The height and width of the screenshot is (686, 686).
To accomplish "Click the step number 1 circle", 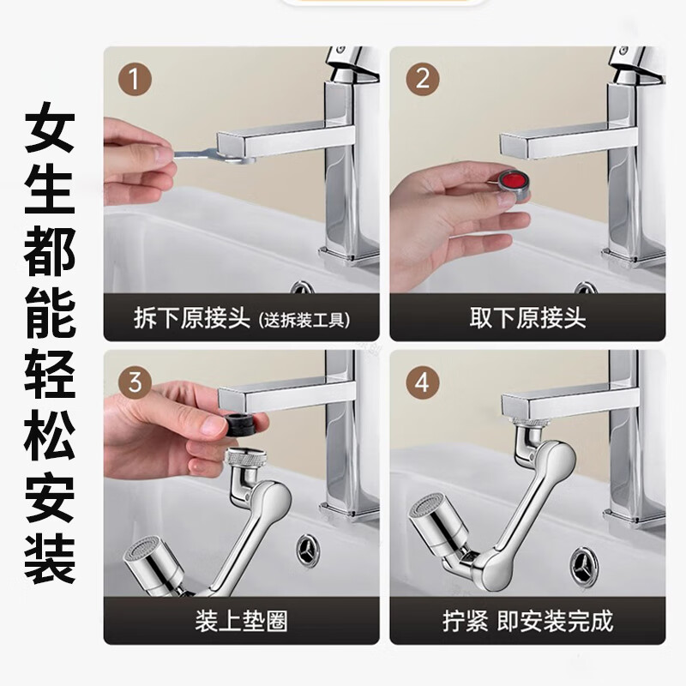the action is (135, 80).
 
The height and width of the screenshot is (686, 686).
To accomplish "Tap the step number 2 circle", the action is (422, 80).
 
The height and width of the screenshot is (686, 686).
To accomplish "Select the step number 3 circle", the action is (135, 382).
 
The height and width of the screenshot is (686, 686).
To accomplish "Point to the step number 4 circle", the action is (422, 382).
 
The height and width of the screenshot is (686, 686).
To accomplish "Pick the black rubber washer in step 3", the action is (241, 424).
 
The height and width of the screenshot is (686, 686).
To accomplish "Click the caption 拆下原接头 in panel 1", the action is (191, 317).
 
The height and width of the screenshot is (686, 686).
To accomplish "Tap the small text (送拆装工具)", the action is (304, 320).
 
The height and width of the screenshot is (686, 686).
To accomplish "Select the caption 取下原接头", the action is (527, 317).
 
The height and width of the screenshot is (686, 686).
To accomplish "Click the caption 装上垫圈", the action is (242, 621).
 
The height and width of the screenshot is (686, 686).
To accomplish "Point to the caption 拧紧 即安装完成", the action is (527, 621).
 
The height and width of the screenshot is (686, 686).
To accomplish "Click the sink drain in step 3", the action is (308, 551).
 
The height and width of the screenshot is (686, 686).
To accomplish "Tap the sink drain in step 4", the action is (585, 566).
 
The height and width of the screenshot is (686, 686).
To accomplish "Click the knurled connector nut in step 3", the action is (244, 459).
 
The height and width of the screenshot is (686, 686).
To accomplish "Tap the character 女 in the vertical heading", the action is (50, 127).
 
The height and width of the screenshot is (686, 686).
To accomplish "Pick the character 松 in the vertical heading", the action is (50, 436).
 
